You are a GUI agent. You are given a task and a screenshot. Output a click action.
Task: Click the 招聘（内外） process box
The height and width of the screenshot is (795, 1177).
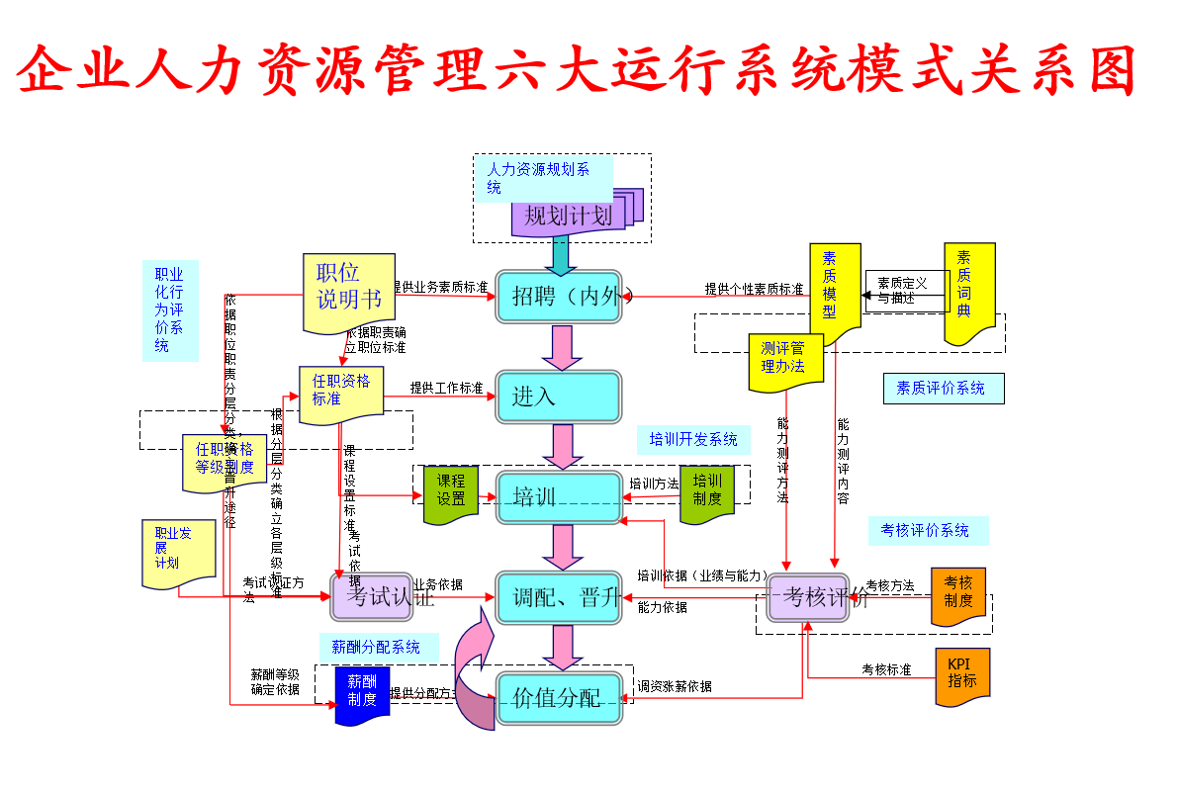point(559,296)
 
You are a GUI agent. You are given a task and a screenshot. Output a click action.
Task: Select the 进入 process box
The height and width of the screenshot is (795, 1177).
point(559,397)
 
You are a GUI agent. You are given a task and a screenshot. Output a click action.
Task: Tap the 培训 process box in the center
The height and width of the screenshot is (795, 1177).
point(559,496)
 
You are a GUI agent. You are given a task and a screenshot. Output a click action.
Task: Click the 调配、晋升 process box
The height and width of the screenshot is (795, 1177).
point(559,597)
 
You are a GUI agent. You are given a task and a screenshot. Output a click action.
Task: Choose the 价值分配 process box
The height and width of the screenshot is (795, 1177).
point(559,698)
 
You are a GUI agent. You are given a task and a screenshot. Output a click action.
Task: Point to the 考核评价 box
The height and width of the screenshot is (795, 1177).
point(809,597)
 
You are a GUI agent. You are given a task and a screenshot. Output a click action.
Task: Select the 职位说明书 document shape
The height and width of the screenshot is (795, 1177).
point(348,289)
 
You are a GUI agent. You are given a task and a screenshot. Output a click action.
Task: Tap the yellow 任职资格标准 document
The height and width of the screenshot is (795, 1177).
point(341,393)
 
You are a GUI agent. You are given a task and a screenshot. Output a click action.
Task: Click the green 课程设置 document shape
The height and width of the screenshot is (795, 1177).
point(451,492)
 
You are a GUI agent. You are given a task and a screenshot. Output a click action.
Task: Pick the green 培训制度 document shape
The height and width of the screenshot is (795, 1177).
point(707,492)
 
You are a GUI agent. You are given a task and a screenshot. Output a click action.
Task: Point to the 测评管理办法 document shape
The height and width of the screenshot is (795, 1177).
point(785,360)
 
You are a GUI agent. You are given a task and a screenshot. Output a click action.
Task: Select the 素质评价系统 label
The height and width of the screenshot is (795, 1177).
point(943,389)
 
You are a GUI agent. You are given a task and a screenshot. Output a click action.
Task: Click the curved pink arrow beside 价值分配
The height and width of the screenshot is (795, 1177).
point(476,667)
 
